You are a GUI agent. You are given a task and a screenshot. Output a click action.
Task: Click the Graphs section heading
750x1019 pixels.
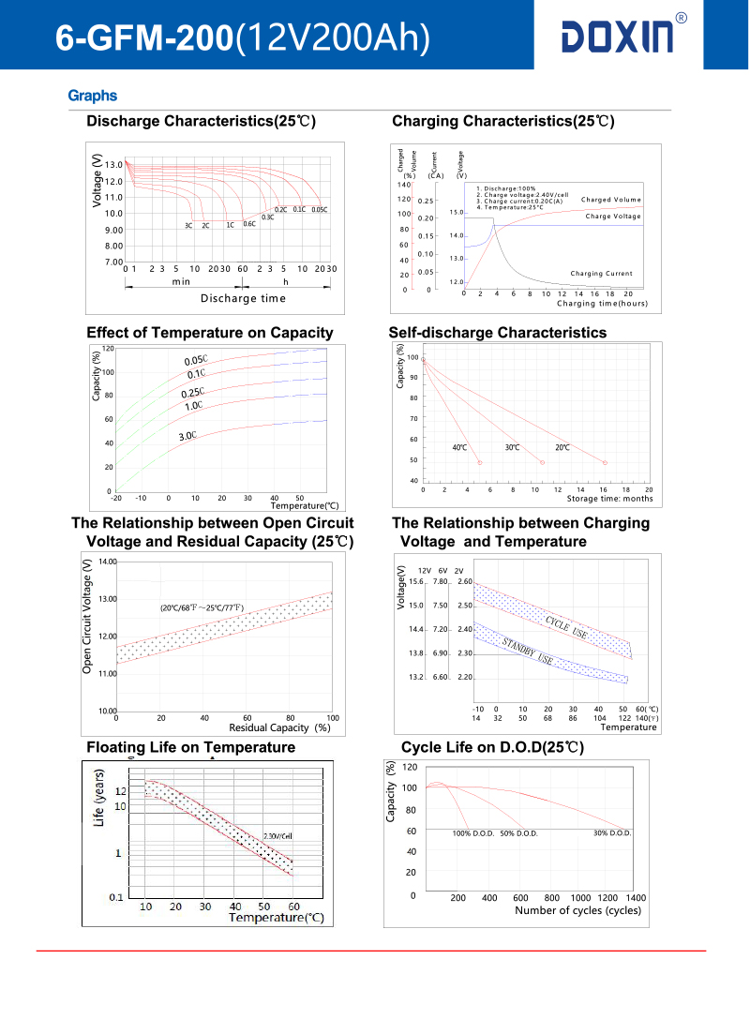(x=92, y=96)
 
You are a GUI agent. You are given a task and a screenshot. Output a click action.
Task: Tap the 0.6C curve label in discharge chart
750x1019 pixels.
(x=249, y=224)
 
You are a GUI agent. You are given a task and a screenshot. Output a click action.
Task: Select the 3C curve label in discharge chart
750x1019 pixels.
(x=188, y=225)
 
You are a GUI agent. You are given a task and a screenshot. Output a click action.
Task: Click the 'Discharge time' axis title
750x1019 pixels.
(x=243, y=298)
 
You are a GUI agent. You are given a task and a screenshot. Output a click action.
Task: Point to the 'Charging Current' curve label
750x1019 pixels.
(x=601, y=274)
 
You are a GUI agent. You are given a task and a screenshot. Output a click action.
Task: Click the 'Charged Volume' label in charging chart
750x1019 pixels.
(x=610, y=200)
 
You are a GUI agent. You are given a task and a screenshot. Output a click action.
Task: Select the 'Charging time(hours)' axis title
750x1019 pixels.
(x=602, y=304)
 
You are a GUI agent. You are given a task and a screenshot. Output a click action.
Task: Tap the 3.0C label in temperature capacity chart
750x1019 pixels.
(x=187, y=436)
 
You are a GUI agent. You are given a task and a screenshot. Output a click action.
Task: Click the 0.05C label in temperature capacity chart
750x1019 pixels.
(x=196, y=361)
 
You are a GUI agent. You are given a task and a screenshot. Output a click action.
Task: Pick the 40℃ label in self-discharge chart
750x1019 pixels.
(x=459, y=448)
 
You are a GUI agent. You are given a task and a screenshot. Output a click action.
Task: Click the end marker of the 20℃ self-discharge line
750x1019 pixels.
(x=605, y=463)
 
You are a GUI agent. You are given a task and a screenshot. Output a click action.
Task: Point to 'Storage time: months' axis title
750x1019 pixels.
(x=609, y=499)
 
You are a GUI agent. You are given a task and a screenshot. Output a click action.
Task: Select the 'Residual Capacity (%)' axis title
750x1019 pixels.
(x=279, y=727)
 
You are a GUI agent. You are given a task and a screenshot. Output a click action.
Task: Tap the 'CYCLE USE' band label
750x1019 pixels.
(x=566, y=628)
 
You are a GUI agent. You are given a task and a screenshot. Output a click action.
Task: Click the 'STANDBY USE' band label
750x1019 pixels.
(x=528, y=651)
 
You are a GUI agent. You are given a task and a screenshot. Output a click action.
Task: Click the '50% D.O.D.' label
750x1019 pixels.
(x=518, y=833)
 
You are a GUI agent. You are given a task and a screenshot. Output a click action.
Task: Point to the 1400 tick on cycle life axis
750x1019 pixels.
(x=636, y=898)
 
